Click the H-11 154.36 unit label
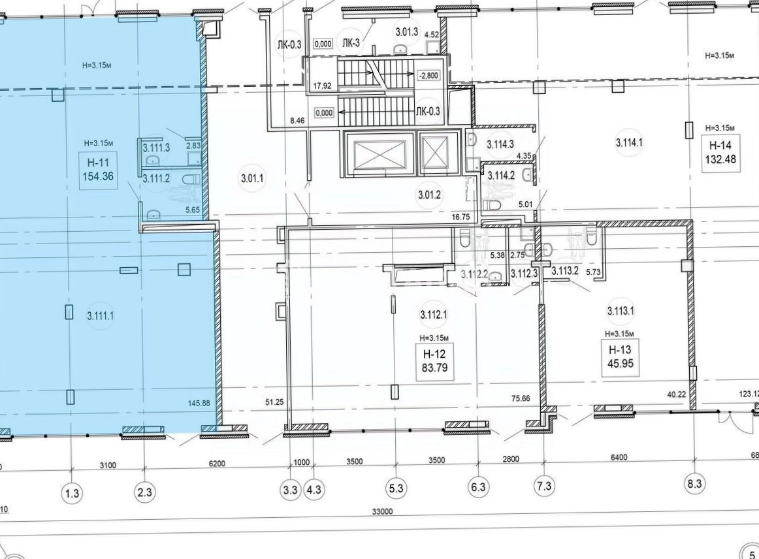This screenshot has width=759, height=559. pyautogui.click(x=98, y=169)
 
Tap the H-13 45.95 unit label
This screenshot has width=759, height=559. pyautogui.click(x=620, y=356)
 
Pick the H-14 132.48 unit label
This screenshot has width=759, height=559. pyautogui.click(x=720, y=152)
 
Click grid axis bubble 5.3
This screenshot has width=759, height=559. pyautogui.click(x=396, y=488)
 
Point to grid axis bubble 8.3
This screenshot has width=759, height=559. pyautogui.click(x=694, y=484)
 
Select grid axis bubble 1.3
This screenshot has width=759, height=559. pyautogui.click(x=72, y=493)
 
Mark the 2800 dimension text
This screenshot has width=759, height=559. pyautogui.click(x=511, y=459)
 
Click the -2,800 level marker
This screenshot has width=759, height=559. pyautogui.click(x=428, y=75)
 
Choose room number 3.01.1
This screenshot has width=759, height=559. pyautogui.click(x=252, y=178)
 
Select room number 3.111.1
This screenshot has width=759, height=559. pyautogui.click(x=101, y=316)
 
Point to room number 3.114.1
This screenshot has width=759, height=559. pyautogui.click(x=629, y=143)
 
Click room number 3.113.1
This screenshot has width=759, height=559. pyautogui.click(x=621, y=311)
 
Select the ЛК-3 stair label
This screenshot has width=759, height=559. pyautogui.click(x=351, y=43)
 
